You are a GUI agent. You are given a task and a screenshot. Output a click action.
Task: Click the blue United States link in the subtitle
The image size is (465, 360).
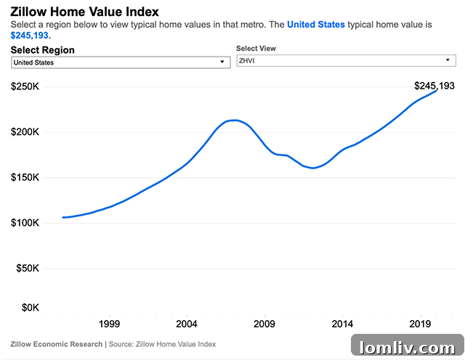tap(316, 25)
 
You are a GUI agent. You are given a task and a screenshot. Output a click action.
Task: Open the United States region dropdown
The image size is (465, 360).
tap(121, 62)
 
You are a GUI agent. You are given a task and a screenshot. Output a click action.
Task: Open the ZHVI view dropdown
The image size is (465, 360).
tap(346, 61)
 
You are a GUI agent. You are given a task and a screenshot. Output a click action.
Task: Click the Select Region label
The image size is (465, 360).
tap(43, 50)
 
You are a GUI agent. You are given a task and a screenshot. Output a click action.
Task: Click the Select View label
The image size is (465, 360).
tap(256, 49)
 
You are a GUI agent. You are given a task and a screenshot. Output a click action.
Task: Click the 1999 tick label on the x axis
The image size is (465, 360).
tap(109, 324)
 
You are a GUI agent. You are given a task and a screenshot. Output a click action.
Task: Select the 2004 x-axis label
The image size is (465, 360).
tap(187, 324)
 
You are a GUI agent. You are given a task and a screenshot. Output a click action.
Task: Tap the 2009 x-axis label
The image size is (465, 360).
tap(264, 324)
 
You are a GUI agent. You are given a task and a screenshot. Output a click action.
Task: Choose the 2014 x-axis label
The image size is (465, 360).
tap(342, 324)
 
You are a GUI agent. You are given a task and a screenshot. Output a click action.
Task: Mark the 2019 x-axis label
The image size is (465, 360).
tap(420, 324)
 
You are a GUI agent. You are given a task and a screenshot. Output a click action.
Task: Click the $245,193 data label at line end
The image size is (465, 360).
tap(434, 86)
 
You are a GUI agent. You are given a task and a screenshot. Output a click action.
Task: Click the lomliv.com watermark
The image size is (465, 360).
tap(407, 345)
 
